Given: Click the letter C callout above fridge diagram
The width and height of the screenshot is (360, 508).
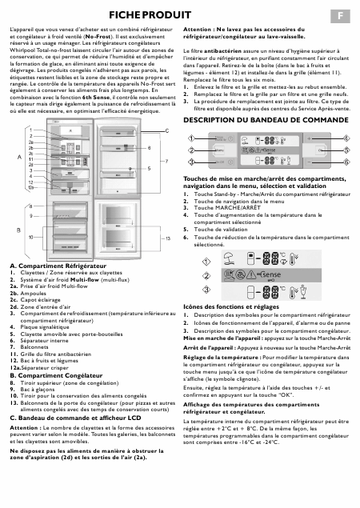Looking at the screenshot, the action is (x=166, y=130).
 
